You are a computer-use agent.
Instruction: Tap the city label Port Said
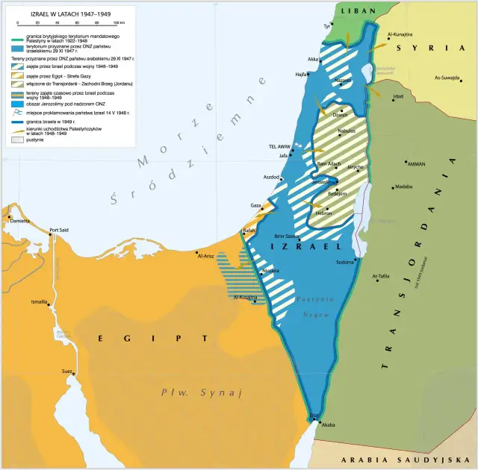tap(59, 229)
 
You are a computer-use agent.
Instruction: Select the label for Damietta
tap(19, 221)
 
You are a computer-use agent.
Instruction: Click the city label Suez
tap(66, 371)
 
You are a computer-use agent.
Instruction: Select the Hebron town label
tap(324, 213)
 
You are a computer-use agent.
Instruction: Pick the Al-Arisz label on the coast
tap(206, 256)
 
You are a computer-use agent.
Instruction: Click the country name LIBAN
tap(357, 11)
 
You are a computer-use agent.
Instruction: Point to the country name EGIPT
tap(153, 338)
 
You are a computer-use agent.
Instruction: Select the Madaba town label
tap(404, 187)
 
